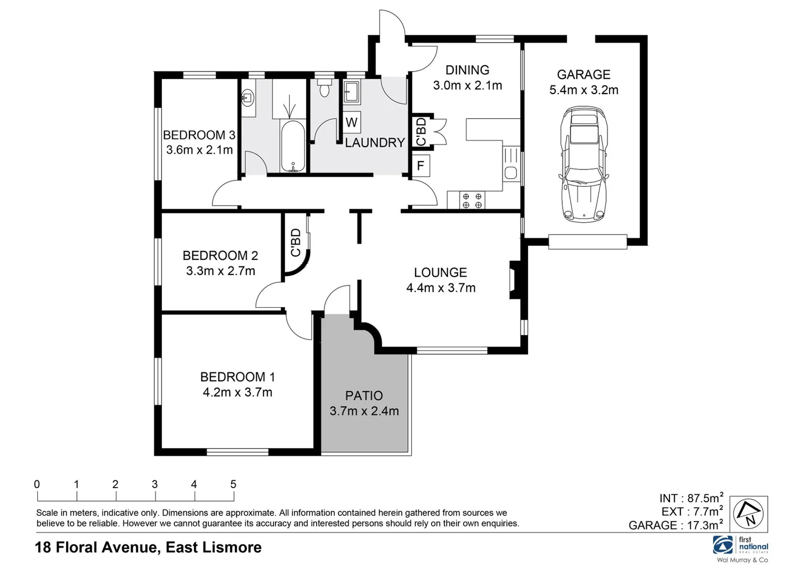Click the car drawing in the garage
click(x=584, y=164)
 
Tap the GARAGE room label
click(x=583, y=75)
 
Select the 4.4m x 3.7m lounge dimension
click(x=441, y=288)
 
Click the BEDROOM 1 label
click(x=237, y=377)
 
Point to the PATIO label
click(x=364, y=395)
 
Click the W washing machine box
click(x=352, y=123)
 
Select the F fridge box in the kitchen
click(x=420, y=166)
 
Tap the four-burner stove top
click(x=472, y=200)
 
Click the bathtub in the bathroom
click(x=292, y=146)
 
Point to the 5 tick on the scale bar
click(x=233, y=484)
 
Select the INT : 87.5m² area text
click(x=691, y=498)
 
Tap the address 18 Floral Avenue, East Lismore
click(x=148, y=547)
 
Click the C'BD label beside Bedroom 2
click(x=296, y=242)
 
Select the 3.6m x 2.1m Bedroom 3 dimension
click(x=199, y=150)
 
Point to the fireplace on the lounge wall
click(x=513, y=280)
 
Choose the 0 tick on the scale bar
click(x=37, y=484)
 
